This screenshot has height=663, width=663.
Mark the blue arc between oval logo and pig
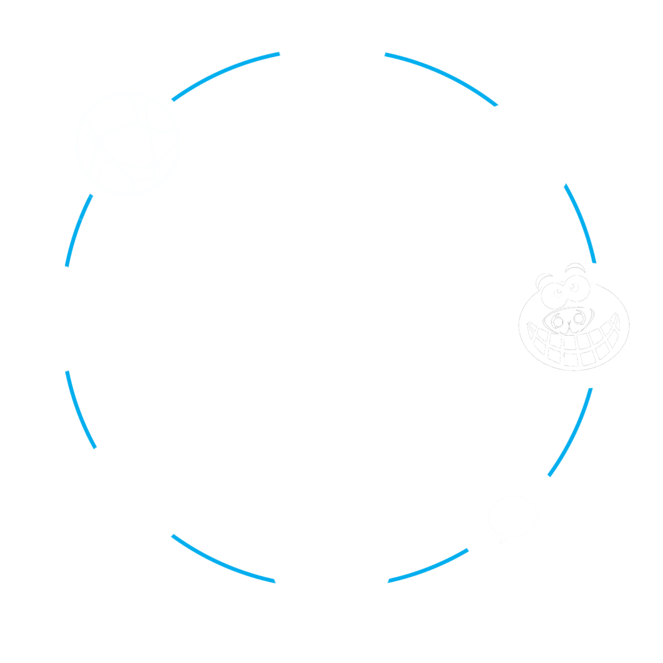click(582, 222)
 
